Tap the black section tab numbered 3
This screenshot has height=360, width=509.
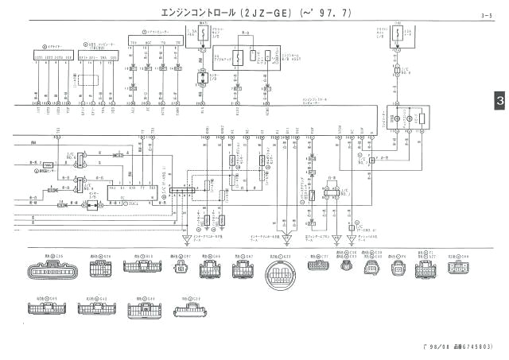pos(499,101)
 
